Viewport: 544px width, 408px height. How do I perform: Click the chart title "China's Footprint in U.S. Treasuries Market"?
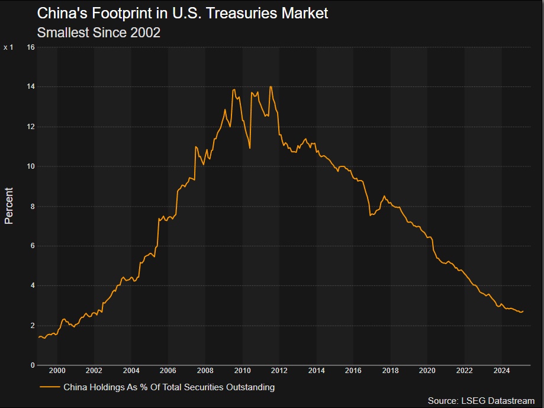182,13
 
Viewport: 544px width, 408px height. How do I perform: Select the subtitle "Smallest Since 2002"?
98,33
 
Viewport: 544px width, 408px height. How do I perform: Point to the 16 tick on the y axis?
31,47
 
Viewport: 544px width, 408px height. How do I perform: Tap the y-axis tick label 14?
31,86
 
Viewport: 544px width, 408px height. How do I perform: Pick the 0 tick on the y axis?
33,365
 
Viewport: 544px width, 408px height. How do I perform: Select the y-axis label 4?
33,285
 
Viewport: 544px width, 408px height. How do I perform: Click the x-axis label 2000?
57,371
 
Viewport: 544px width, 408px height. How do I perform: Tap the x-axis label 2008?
205,371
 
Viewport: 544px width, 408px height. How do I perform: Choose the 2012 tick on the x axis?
279,371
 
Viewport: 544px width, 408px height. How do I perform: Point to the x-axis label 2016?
353,371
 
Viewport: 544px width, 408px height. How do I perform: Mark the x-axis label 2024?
501,371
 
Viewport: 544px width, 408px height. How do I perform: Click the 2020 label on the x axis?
427,371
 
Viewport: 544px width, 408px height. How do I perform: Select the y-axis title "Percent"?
9,205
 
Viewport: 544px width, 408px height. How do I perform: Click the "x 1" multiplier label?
8,47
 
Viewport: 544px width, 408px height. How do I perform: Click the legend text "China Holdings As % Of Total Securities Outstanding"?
169,387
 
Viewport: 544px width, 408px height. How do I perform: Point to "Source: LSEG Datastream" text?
481,401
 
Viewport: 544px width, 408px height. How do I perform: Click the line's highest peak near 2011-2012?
271,87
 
